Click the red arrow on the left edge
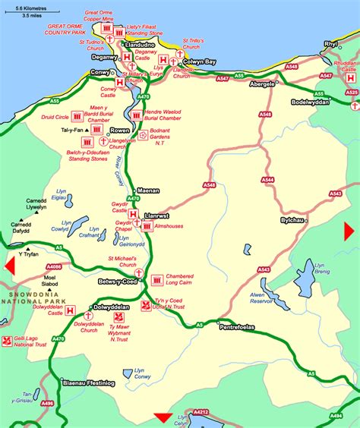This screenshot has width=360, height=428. click(10, 268)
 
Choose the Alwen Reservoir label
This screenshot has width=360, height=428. click(262, 300)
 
